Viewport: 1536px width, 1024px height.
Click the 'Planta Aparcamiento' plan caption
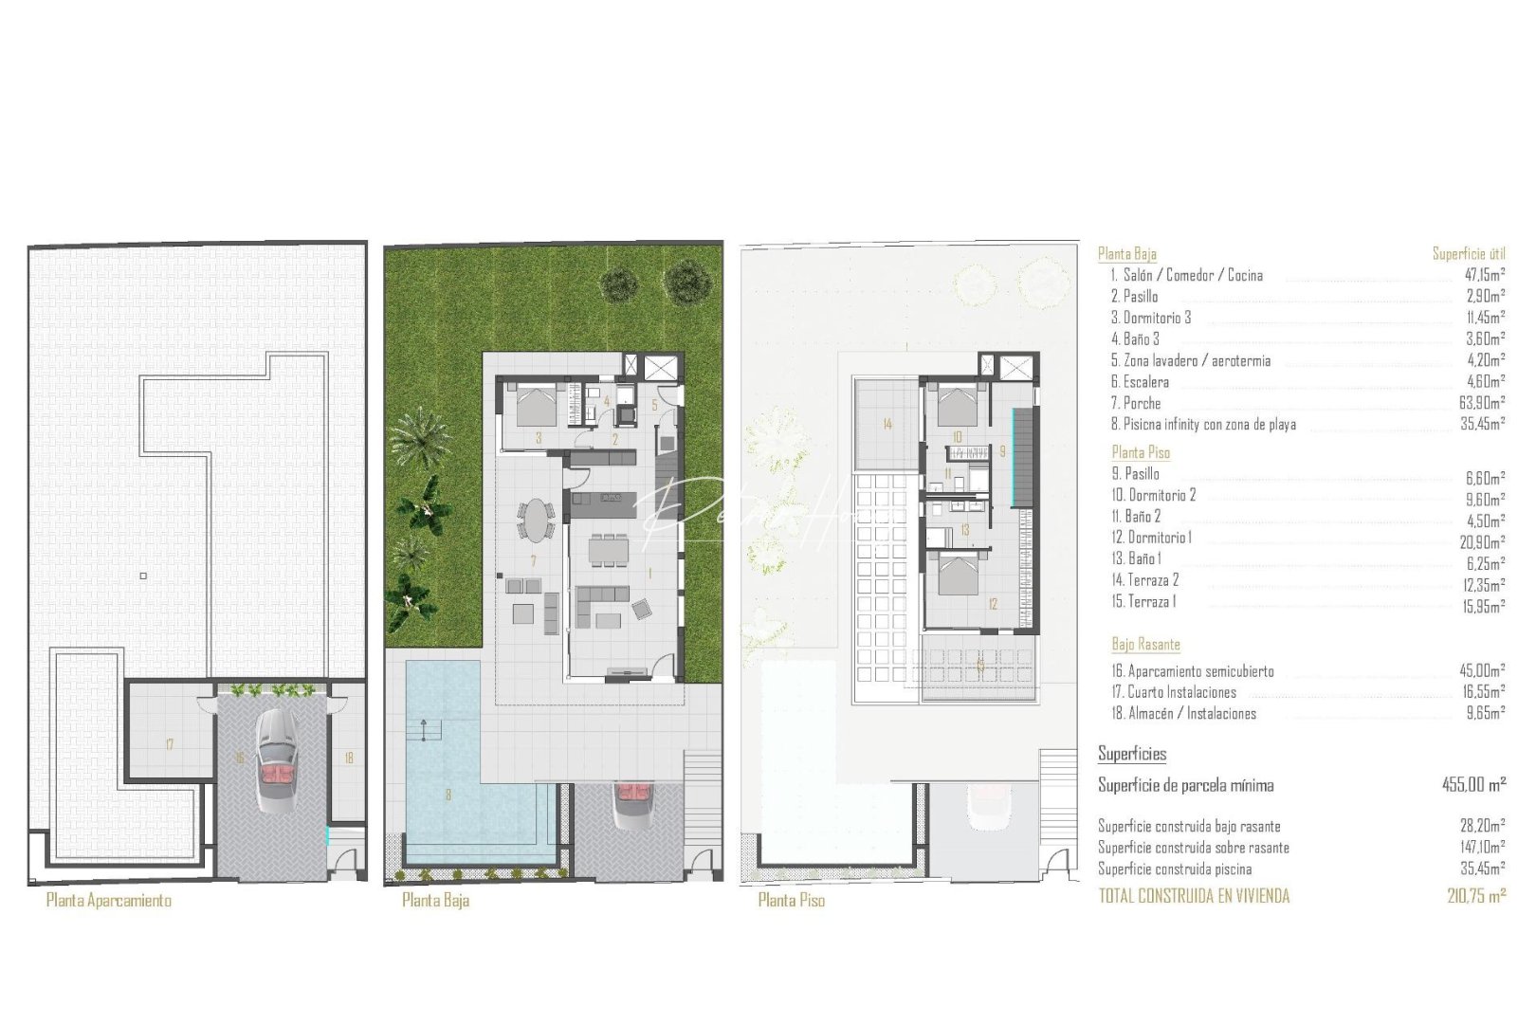(109, 901)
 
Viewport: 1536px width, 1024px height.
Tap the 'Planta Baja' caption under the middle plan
(435, 901)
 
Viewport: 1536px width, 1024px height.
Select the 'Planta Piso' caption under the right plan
(791, 901)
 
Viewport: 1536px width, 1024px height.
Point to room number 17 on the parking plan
(170, 745)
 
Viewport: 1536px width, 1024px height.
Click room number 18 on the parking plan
(349, 759)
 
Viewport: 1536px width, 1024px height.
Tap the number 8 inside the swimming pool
(448, 795)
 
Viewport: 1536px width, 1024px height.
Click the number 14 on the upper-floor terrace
(887, 425)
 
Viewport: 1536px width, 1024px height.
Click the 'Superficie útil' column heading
(1468, 254)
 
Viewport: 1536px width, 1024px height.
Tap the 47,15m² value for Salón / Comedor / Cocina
(1485, 276)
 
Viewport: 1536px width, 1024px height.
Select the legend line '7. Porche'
(1136, 404)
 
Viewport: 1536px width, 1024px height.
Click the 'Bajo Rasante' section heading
(1145, 645)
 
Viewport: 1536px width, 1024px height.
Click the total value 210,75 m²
(1476, 896)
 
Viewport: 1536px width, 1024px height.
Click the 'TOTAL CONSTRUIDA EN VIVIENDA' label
(1194, 896)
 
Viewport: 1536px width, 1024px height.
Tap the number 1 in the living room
(650, 574)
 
